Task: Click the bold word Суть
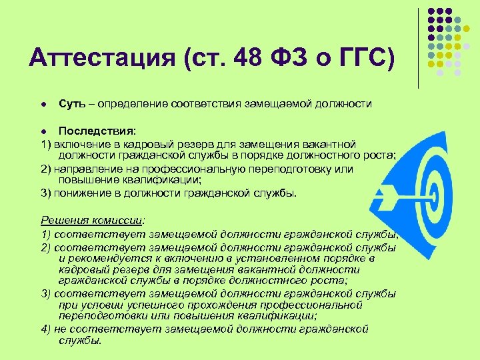point(71,104)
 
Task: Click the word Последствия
point(97,131)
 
